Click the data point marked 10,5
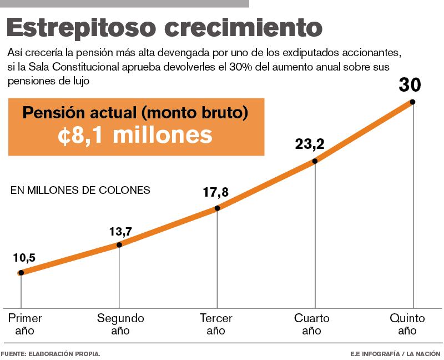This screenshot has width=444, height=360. [x=21, y=272]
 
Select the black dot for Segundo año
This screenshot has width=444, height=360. [x=119, y=244]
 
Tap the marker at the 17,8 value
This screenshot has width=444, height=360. [x=217, y=208]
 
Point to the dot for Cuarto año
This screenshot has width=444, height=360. [x=315, y=161]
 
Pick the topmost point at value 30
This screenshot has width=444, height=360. [x=412, y=102]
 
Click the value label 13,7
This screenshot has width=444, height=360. [x=120, y=231]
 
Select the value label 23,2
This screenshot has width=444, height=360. [x=310, y=144]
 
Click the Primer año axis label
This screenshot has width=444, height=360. [x=25, y=324]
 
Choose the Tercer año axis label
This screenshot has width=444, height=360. [x=216, y=324]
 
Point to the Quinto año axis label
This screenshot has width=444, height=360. [x=407, y=324]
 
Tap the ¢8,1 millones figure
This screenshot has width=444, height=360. [x=135, y=135]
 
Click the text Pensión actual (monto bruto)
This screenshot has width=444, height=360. [x=135, y=113]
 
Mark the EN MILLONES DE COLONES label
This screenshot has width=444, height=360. [x=80, y=190]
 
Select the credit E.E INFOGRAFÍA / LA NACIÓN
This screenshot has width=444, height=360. [x=395, y=353]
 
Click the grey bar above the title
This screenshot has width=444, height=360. [x=124, y=3]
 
